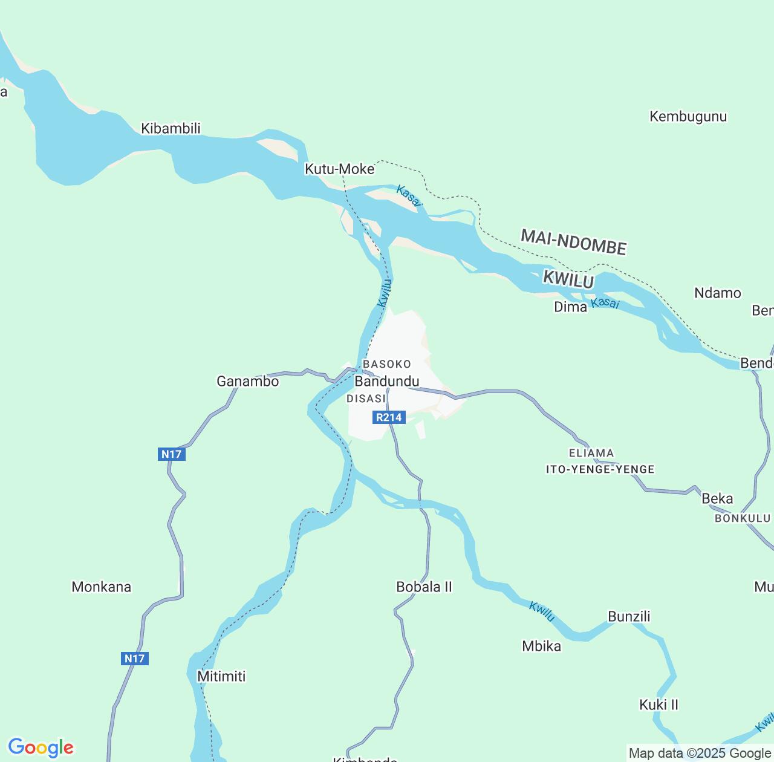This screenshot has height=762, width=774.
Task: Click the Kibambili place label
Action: (x=171, y=128)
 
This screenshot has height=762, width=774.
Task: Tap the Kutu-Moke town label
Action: (x=339, y=169)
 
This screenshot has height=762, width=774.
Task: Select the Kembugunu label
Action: (x=688, y=116)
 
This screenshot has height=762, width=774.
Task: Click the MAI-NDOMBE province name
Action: (x=573, y=242)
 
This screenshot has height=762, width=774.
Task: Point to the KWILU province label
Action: (x=568, y=279)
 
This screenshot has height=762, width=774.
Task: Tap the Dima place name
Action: (x=570, y=307)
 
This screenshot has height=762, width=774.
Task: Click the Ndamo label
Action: (x=717, y=293)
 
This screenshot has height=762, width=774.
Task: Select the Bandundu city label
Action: (x=386, y=381)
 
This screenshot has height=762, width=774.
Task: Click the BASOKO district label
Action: (x=386, y=364)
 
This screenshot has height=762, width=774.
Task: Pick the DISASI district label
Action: (x=366, y=399)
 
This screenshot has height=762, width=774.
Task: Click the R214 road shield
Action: (x=388, y=417)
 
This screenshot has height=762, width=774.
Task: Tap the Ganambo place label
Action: (x=247, y=381)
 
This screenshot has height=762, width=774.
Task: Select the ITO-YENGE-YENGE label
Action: (x=600, y=469)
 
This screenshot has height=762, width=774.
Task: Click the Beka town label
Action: (x=717, y=498)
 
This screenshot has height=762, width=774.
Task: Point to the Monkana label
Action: (x=101, y=587)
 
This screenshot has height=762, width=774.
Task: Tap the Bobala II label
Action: (x=424, y=587)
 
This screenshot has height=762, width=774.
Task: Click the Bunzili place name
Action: (x=629, y=616)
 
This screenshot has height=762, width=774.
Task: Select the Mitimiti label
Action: (x=221, y=676)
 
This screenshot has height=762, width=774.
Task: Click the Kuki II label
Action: (x=659, y=705)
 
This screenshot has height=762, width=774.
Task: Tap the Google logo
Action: (x=41, y=747)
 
